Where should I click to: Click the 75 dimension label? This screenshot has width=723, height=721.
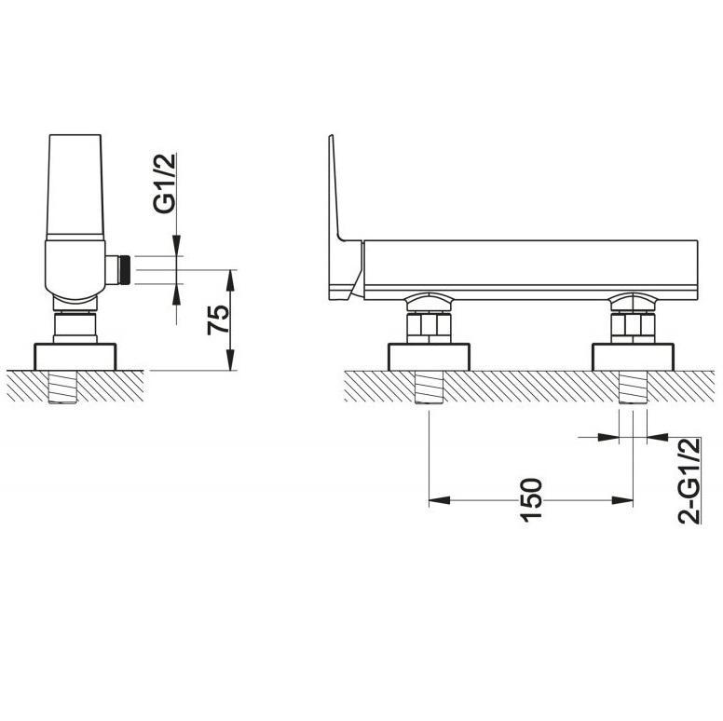218,320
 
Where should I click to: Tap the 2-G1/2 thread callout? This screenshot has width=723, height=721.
689,481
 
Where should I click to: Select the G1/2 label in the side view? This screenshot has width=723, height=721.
165,184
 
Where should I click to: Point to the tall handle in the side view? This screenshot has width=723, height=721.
75,186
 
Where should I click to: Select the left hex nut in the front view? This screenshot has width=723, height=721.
429,327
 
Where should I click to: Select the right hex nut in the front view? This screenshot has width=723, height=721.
633,327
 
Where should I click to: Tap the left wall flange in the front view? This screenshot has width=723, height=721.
429,357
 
